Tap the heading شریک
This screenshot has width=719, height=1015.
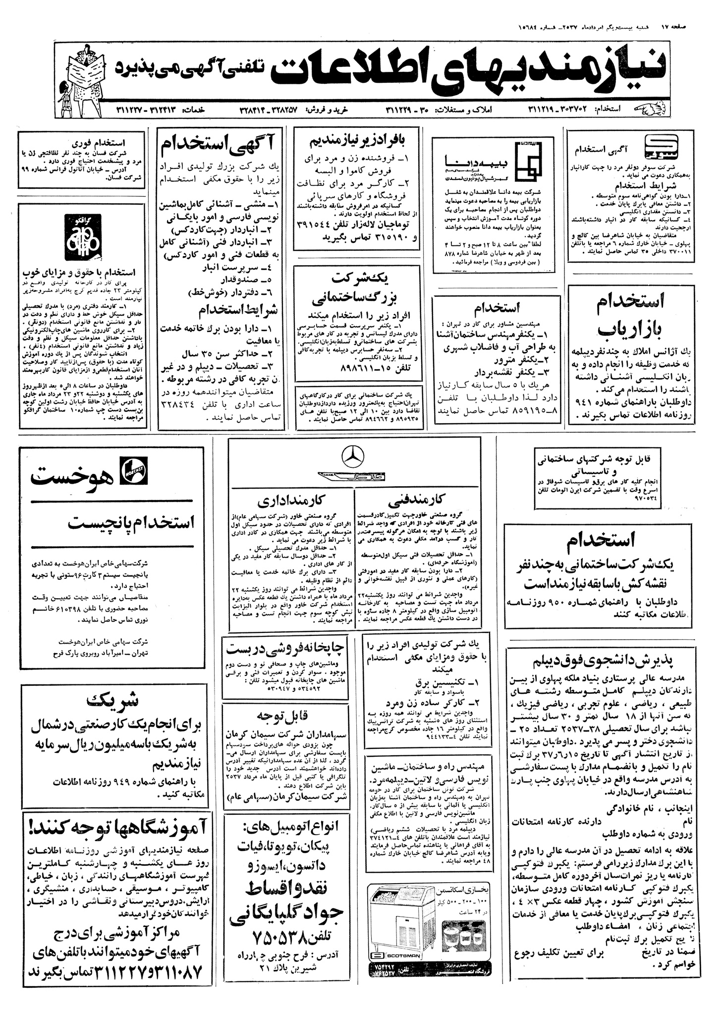[x=113, y=701]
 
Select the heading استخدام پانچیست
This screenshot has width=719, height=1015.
[x=131, y=522]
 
